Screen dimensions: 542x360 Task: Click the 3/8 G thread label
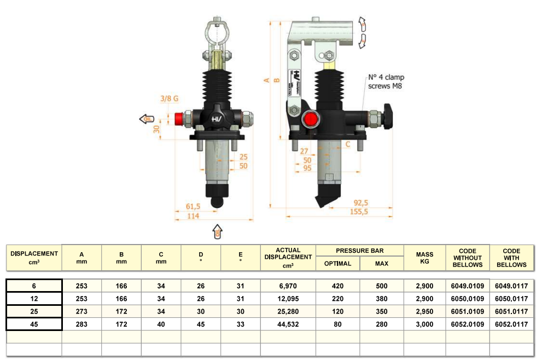coord(170,98)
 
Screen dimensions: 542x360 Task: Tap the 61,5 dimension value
coord(193,206)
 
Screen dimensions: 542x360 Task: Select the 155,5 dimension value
coord(359,212)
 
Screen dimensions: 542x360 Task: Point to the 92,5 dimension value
coord(360,202)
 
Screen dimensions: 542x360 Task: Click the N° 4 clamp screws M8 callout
coord(386,82)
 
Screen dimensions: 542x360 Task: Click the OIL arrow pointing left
coord(147,119)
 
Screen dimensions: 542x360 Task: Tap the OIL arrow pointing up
coord(218,231)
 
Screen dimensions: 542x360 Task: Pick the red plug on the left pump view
coord(179,119)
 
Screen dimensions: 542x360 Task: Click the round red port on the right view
coord(311,119)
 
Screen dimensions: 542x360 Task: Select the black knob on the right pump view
coord(387,116)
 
